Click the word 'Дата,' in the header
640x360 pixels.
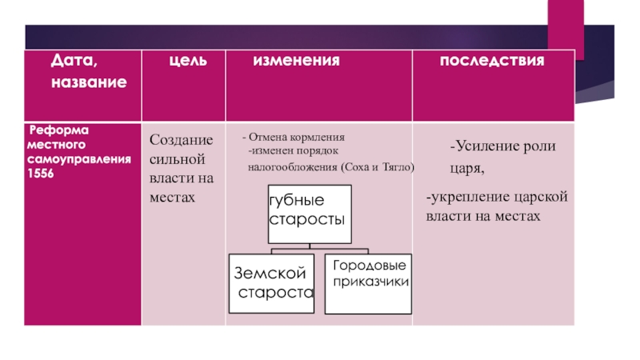click(x=76, y=61)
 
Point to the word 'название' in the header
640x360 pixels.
click(x=88, y=82)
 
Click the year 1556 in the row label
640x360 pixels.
click(x=40, y=174)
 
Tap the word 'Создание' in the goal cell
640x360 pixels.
click(x=177, y=139)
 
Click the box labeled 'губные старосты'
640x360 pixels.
click(x=308, y=210)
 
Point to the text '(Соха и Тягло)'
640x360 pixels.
click(x=378, y=167)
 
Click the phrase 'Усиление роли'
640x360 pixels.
click(x=502, y=147)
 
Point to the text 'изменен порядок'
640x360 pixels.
click(x=294, y=151)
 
